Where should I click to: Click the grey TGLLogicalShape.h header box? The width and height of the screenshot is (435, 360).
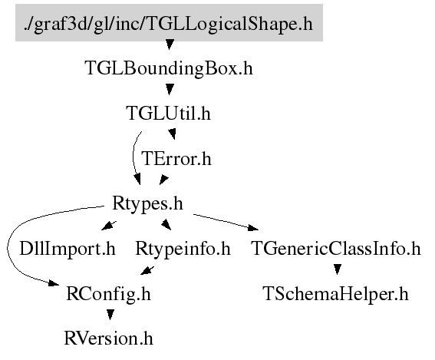coord(169,23)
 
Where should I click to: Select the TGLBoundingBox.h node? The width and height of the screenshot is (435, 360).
coord(169,68)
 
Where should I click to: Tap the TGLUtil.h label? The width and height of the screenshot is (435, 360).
coord(168,114)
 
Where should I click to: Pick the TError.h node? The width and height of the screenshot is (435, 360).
coord(176,158)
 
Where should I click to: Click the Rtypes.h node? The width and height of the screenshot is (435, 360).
coord(147,203)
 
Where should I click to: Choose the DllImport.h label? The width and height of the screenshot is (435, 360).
coord(68,249)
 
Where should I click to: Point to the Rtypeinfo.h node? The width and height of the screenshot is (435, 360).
coord(183,249)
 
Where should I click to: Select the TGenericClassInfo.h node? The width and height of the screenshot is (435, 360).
coord(336,249)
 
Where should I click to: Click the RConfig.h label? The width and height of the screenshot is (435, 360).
coord(108,294)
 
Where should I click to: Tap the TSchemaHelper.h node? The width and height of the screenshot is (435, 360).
coord(336,294)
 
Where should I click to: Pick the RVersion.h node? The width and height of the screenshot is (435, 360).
coord(108,339)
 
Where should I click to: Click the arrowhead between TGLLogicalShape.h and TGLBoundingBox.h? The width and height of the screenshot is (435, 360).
coord(170,45)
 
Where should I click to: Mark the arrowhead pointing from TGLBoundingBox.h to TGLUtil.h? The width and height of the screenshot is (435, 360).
coord(170,89)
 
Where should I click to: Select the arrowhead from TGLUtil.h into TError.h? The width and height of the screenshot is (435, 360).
coord(173,134)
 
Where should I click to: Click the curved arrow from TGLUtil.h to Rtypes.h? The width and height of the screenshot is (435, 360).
coord(133,158)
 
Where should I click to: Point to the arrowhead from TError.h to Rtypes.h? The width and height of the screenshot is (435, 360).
coord(163,180)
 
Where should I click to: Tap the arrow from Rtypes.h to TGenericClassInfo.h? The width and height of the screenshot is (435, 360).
coord(226,223)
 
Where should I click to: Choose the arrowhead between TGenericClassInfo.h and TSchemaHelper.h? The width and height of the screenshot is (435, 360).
coord(337,269)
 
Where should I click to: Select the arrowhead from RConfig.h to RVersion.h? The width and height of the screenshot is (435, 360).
coord(110,315)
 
